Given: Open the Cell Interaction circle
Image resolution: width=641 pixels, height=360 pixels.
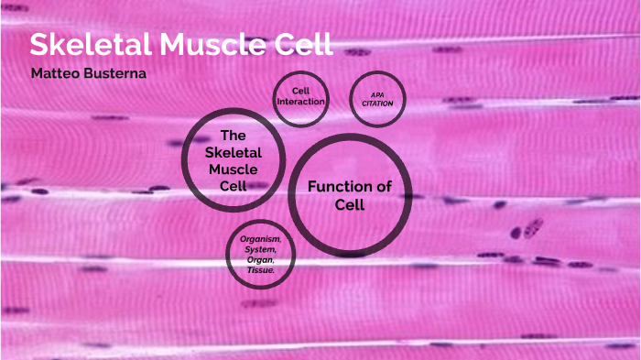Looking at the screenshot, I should tap(300, 96).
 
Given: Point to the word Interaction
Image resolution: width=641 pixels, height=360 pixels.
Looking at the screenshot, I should tap(300, 102).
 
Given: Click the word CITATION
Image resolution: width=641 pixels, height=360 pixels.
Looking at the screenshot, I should tap(377, 104).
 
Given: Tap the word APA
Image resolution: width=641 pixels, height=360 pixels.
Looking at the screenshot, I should tap(377, 93).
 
